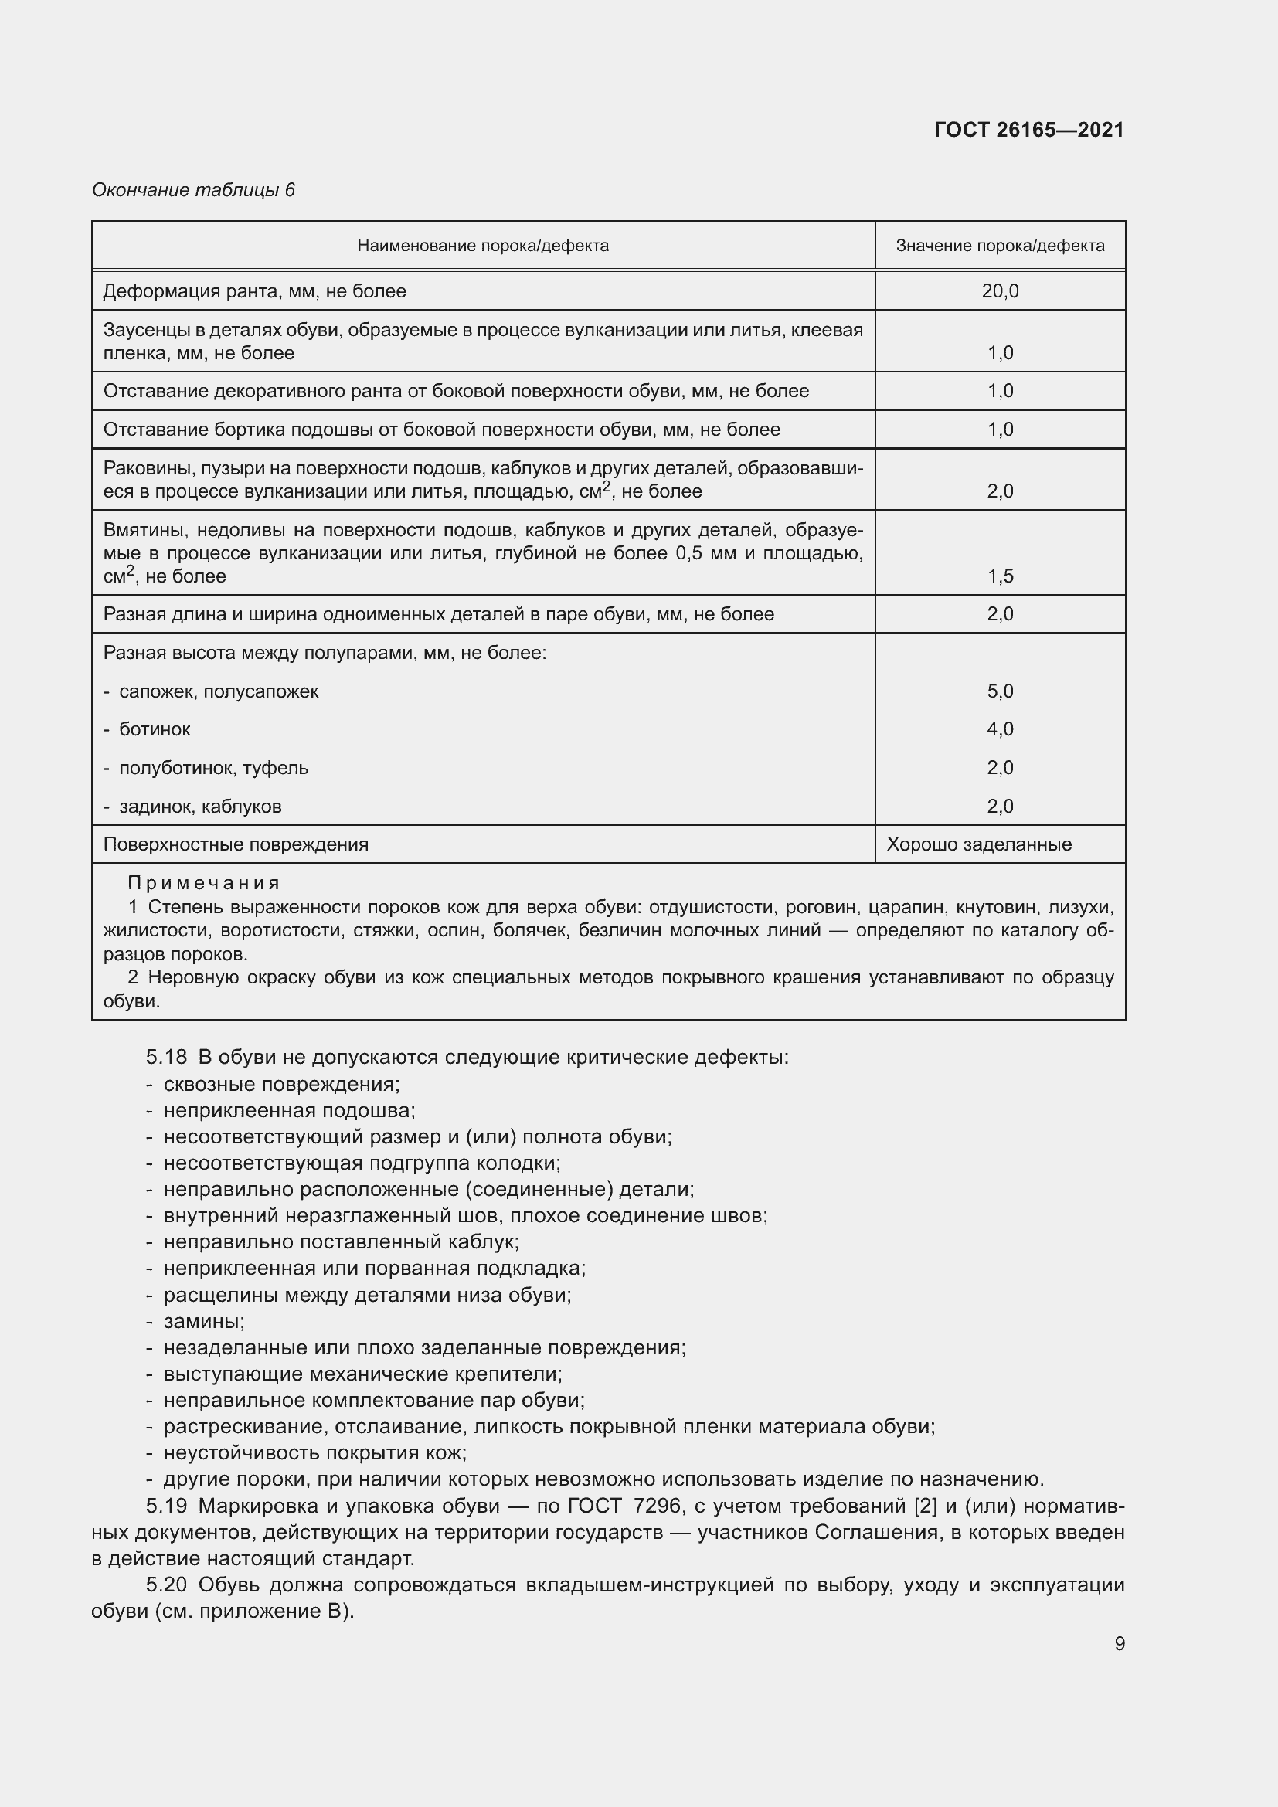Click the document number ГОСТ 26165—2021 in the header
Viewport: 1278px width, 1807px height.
[1028, 131]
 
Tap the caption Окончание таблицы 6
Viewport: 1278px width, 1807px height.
[193, 190]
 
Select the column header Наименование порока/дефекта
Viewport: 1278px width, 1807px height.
[482, 246]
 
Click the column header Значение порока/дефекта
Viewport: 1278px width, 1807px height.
[999, 246]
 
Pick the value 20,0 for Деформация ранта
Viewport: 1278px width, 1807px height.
[999, 291]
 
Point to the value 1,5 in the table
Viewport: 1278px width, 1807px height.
[999, 576]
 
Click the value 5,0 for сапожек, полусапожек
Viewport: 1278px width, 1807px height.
[999, 691]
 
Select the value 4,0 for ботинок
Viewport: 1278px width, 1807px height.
[999, 729]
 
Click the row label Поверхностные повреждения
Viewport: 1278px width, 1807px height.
[236, 844]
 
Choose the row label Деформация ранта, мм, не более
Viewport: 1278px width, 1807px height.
[254, 291]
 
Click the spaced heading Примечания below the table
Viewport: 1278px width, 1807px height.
[203, 883]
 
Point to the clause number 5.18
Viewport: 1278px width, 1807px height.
[166, 1057]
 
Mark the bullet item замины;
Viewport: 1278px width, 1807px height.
[204, 1321]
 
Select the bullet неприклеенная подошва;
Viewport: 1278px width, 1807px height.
[289, 1110]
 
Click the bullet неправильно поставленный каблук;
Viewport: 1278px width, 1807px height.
[341, 1242]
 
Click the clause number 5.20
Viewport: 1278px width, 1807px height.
[166, 1585]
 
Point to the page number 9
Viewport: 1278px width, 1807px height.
[1119, 1644]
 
